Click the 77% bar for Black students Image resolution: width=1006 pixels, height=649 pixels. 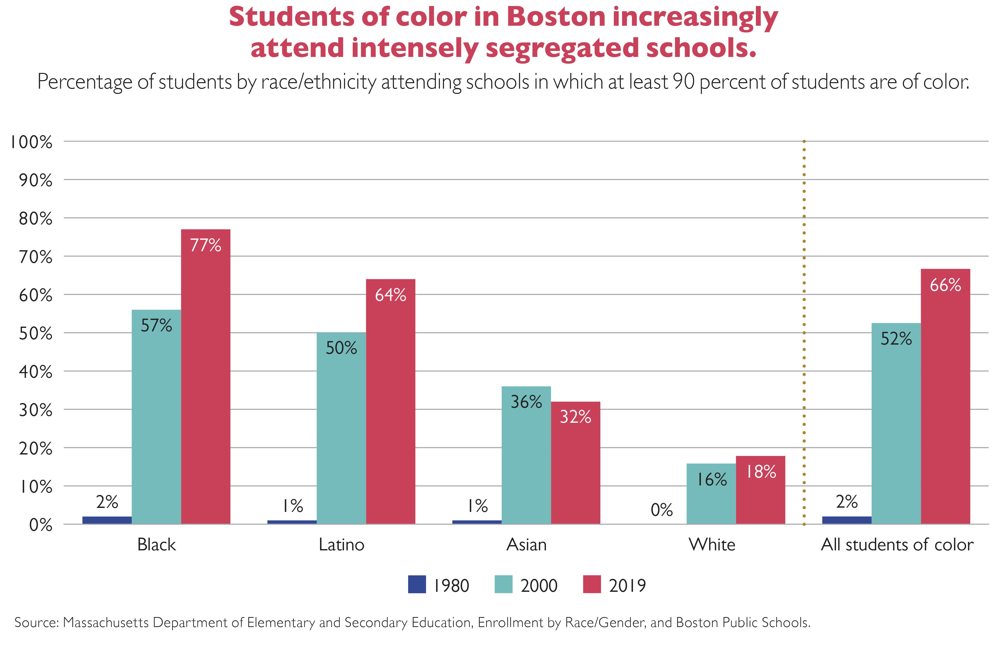click(206, 379)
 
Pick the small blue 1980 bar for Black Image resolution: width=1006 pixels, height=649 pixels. click(107, 520)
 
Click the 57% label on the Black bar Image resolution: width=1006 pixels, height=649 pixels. click(156, 325)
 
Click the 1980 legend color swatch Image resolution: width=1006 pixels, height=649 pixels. click(417, 585)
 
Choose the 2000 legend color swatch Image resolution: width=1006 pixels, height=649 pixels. click(503, 585)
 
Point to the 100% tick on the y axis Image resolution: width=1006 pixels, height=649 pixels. click(32, 142)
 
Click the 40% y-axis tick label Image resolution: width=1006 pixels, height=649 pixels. click(35, 372)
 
